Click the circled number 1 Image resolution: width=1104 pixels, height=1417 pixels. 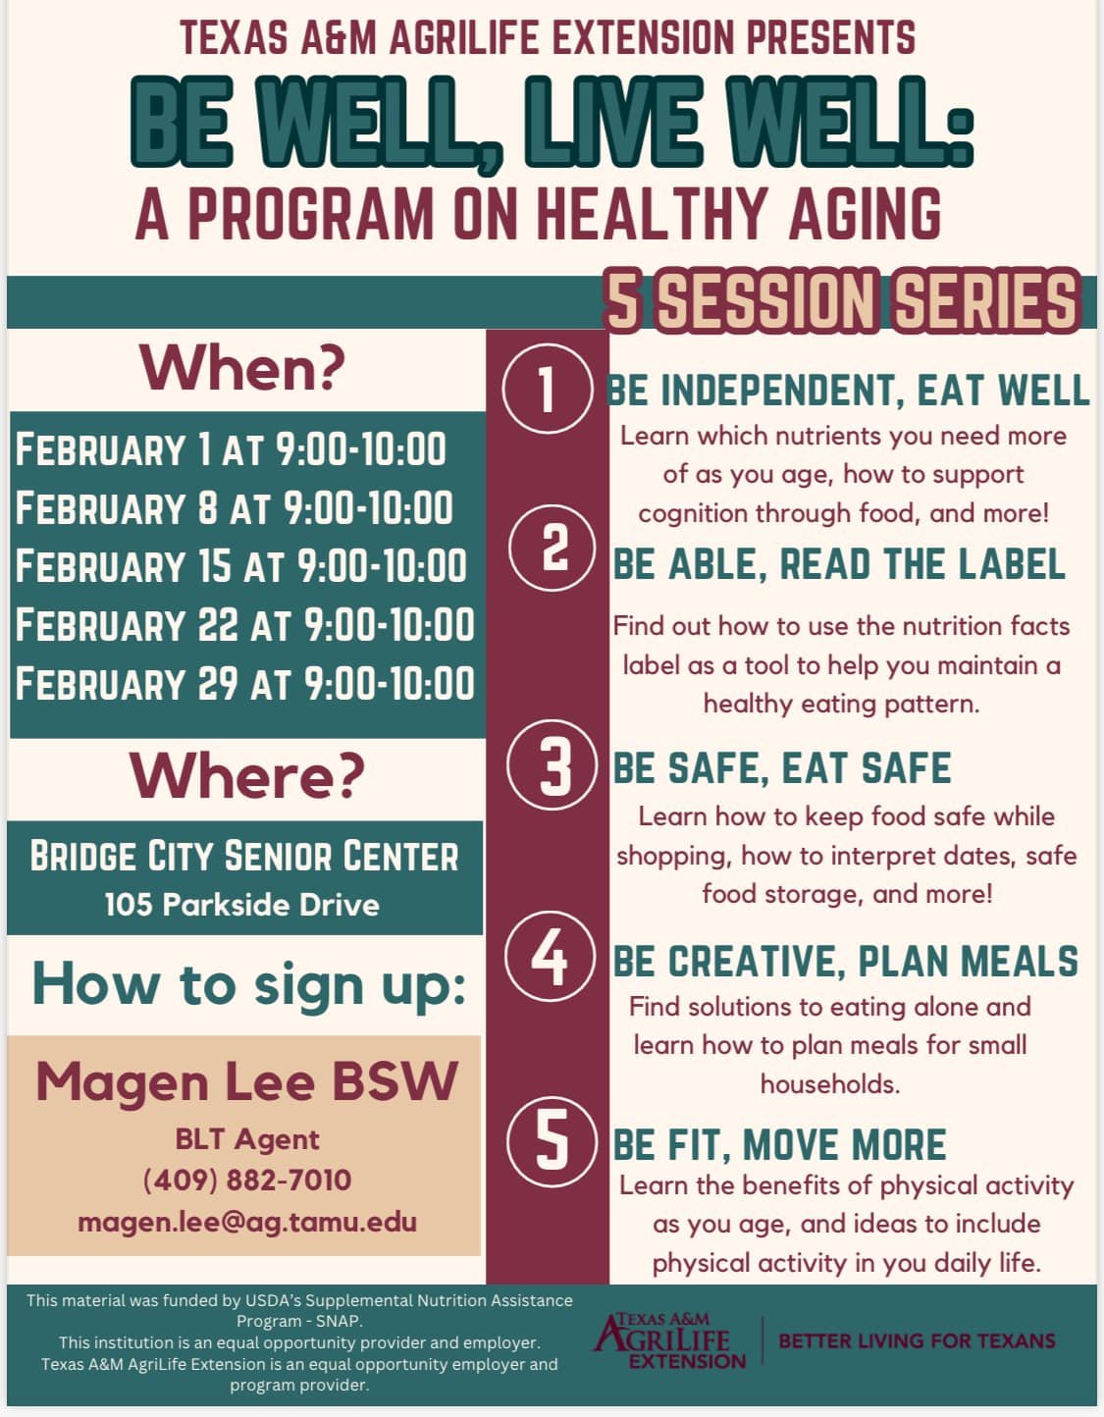[548, 389]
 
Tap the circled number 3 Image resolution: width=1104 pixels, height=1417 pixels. [553, 765]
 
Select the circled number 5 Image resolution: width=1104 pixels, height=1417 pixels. [552, 1141]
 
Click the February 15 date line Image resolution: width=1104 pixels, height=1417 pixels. [240, 566]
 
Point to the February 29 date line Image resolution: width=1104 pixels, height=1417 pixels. [244, 683]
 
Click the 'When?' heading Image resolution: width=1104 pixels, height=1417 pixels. [243, 368]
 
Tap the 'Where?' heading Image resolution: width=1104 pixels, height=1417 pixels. [246, 775]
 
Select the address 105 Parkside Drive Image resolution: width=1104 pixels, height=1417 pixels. [241, 904]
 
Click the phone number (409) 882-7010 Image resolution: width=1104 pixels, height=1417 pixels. [246, 1180]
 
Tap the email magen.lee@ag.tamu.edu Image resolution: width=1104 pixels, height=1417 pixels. [246, 1222]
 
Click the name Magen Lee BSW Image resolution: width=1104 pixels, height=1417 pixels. [246, 1082]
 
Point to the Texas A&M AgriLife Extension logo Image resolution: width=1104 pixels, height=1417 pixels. [669, 1340]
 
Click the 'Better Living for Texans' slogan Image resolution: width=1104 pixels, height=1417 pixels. [917, 1340]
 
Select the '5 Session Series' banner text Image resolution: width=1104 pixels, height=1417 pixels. [841, 300]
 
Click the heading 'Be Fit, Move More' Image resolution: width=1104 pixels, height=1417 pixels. [779, 1145]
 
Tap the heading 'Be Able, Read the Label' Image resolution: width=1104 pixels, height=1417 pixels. [839, 564]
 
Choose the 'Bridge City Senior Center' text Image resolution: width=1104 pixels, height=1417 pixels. [243, 856]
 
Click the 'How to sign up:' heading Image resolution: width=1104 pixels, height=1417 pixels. [248, 983]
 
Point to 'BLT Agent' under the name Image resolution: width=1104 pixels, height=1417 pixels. [246, 1138]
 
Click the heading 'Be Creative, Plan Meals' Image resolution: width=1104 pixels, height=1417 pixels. [845, 962]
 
